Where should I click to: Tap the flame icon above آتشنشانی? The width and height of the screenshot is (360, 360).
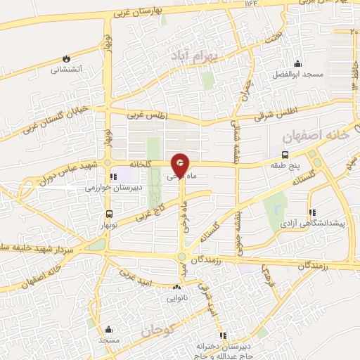coord(66,58)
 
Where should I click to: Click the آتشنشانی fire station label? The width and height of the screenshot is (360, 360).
coord(66,70)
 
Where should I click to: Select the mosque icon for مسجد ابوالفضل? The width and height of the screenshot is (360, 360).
coord(297,63)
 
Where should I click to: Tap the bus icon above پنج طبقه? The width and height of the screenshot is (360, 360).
coord(284,155)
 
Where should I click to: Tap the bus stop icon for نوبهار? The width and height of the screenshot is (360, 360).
coord(108,214)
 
